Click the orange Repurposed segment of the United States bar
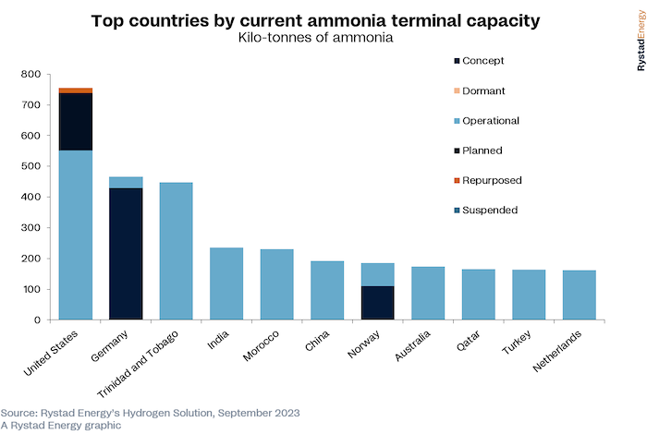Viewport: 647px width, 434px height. pos(76,90)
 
